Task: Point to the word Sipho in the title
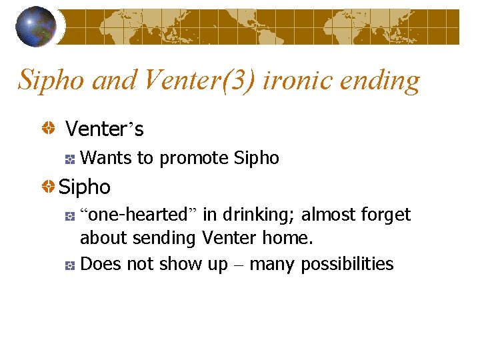(x=51, y=81)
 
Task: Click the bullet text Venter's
(x=104, y=128)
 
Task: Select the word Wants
(x=106, y=158)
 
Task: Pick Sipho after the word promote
(x=257, y=158)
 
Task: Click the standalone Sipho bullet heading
(x=84, y=187)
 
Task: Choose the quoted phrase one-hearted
(x=139, y=215)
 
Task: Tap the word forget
(x=387, y=215)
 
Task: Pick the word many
(x=271, y=265)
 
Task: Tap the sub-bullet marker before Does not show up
(x=69, y=265)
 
